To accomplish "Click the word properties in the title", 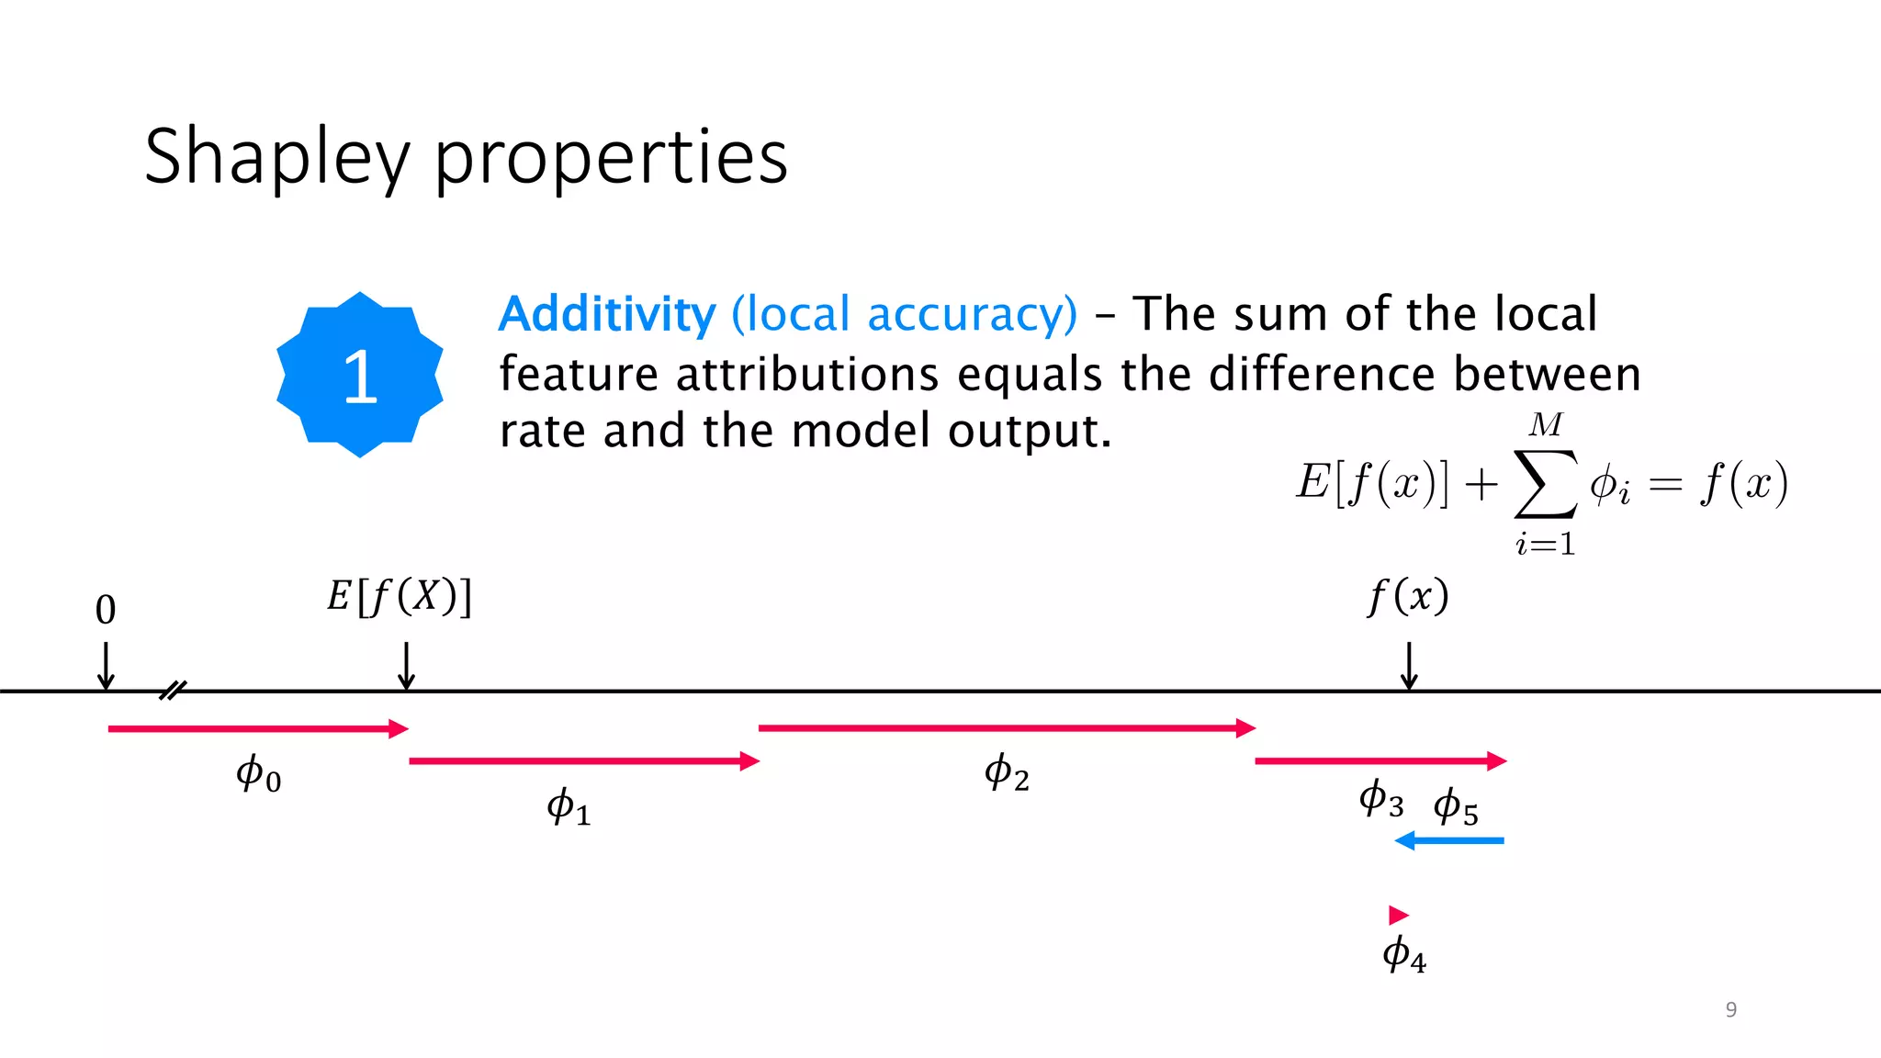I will pos(611,158).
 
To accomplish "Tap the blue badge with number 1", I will pos(360,375).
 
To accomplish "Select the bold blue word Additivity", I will pos(607,314).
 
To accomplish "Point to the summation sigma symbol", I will pos(1546,483).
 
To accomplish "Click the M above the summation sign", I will pos(1546,424).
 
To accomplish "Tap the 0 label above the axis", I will pos(106,610).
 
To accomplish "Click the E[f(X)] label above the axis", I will pos(400,597).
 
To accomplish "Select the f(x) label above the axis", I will pos(1408,597).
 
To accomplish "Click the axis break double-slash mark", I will pos(173,691).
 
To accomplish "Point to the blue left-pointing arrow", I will pos(1449,840).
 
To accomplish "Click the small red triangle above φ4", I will pos(1398,915).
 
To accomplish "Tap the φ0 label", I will pos(258,773).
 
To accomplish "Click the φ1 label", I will pos(569,806).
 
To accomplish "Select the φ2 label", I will pos(1007,772).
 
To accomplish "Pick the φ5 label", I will pos(1456,806).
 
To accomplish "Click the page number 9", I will pos(1731,1009).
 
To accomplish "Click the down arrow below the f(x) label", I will pos(1409,666).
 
